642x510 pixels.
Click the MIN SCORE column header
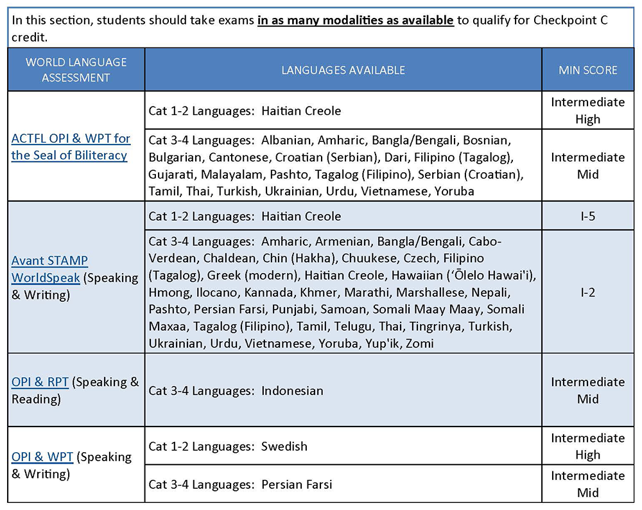(588, 70)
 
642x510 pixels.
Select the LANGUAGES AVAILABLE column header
(343, 70)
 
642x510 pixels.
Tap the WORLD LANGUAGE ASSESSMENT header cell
(76, 70)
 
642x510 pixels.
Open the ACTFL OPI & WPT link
(71, 146)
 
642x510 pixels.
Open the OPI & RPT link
(40, 382)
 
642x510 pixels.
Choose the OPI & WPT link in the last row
(42, 457)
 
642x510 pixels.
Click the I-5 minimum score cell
(587, 216)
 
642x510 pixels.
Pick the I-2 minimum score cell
(587, 292)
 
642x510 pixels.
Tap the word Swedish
(284, 446)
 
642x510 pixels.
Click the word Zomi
(420, 344)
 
